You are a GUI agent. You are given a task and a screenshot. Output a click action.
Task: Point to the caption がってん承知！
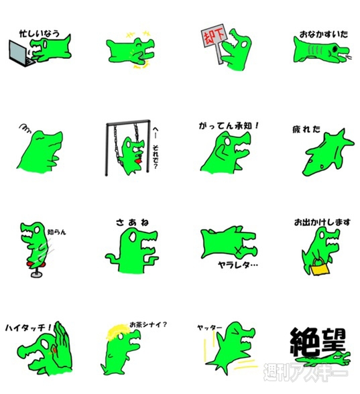pos(227,125)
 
